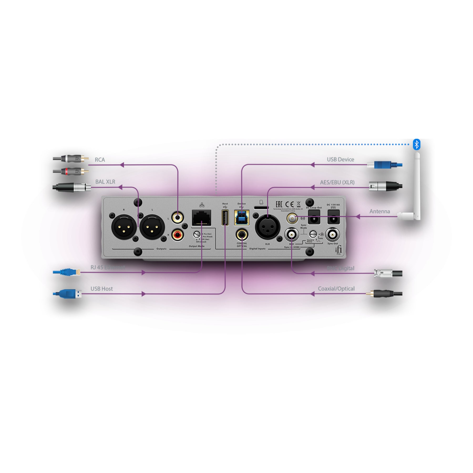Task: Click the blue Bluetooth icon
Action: [417, 145]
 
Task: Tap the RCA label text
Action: [100, 160]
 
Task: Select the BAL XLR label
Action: [105, 182]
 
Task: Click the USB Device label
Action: [340, 160]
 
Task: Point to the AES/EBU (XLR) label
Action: [337, 182]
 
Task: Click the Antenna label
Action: [379, 212]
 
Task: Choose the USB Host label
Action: [101, 289]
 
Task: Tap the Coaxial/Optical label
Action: [336, 289]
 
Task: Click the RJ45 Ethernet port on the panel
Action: [201, 218]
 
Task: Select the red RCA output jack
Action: [178, 234]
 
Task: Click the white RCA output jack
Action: [178, 218]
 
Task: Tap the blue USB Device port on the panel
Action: [241, 218]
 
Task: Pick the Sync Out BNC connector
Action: [332, 234]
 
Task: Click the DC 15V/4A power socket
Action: [333, 217]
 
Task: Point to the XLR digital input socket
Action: [268, 227]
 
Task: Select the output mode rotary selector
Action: [197, 234]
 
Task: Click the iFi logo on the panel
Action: [338, 249]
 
